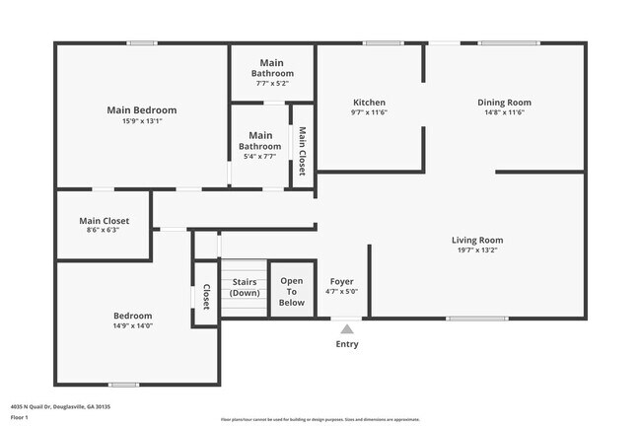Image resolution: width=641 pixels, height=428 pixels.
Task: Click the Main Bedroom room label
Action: coord(141,109)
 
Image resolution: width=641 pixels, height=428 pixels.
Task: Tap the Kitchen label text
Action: coord(369,102)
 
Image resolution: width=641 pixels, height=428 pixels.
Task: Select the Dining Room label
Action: coord(504,102)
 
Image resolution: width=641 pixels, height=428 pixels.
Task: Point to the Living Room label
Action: coord(477,240)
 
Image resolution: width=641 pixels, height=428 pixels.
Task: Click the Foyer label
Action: coord(341,281)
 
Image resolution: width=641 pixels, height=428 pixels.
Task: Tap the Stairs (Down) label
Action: coord(244,287)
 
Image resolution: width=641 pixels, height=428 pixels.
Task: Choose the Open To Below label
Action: coord(291,292)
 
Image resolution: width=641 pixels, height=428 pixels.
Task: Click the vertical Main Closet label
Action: coord(302,151)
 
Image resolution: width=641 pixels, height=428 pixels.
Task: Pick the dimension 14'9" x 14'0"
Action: coord(132,325)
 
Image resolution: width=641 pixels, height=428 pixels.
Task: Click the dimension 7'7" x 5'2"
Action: coord(272,84)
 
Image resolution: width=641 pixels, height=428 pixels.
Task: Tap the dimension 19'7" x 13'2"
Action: coord(477,250)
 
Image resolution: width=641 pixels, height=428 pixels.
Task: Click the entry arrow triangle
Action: coord(346,329)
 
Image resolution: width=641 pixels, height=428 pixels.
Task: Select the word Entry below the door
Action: coord(347,344)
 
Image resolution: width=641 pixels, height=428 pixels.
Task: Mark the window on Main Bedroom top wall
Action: coord(142,42)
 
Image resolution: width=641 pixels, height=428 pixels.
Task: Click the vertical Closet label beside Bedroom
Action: coord(206,298)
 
